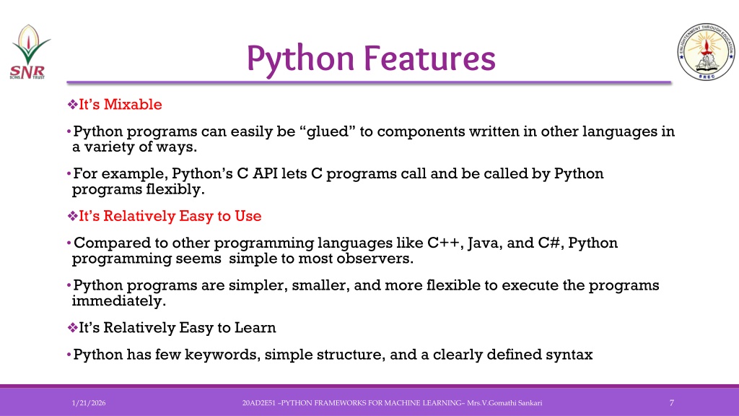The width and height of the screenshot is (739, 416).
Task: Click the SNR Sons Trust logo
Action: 30,52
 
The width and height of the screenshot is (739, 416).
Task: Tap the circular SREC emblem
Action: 706,51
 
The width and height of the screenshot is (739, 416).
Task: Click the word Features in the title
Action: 429,58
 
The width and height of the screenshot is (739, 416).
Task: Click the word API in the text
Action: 265,173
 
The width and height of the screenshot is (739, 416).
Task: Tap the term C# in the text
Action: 551,243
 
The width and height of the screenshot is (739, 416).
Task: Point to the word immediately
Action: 119,301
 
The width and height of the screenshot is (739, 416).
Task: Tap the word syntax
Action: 569,354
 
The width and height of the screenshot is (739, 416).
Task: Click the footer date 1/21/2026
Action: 89,403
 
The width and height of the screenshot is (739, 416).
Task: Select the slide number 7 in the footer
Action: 672,403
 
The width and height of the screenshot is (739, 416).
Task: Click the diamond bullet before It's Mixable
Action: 73,104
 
